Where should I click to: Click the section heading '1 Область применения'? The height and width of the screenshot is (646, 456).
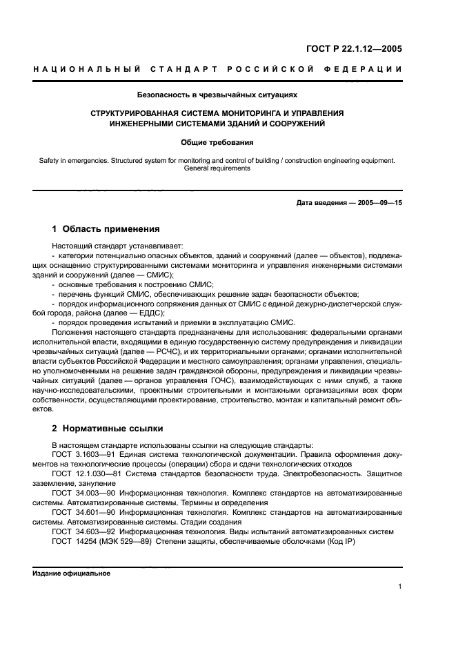106,228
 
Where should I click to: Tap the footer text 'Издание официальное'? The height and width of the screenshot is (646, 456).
71,573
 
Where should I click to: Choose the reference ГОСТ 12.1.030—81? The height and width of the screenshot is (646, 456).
85,475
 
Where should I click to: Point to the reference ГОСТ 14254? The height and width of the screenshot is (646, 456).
74,541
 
